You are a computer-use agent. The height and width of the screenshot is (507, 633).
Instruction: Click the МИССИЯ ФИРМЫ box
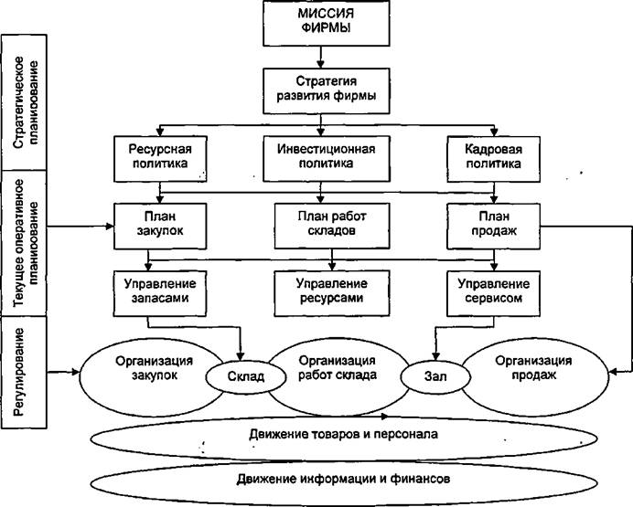(327, 23)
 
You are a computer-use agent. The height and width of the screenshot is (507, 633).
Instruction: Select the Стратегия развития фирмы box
(327, 90)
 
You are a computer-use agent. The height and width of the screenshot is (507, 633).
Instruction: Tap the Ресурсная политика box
(160, 159)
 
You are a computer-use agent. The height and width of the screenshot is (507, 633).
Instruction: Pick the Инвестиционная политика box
(327, 158)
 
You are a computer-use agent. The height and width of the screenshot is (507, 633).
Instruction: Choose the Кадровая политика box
(493, 159)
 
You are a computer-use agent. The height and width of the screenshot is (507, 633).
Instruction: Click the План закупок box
(160, 227)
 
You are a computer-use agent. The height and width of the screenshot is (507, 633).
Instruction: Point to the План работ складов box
(332, 226)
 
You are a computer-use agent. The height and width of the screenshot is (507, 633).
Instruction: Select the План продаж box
(493, 227)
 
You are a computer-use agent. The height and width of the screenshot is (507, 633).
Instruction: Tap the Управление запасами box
(160, 293)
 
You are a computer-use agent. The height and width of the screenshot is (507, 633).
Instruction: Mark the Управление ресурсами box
(332, 293)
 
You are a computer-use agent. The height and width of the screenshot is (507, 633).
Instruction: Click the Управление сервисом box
(493, 293)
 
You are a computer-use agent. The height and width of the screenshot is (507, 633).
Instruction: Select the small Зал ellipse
(435, 376)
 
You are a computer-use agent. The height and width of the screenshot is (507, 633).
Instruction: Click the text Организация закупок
(155, 367)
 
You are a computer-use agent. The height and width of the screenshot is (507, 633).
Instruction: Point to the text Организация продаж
(533, 367)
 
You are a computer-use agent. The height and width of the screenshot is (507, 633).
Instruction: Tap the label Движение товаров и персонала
(344, 434)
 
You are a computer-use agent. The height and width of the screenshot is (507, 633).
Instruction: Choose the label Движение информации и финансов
(344, 479)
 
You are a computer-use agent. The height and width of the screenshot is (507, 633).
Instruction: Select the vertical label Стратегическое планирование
(26, 102)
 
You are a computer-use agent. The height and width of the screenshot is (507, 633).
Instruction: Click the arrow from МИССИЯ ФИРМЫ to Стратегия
(320, 57)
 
